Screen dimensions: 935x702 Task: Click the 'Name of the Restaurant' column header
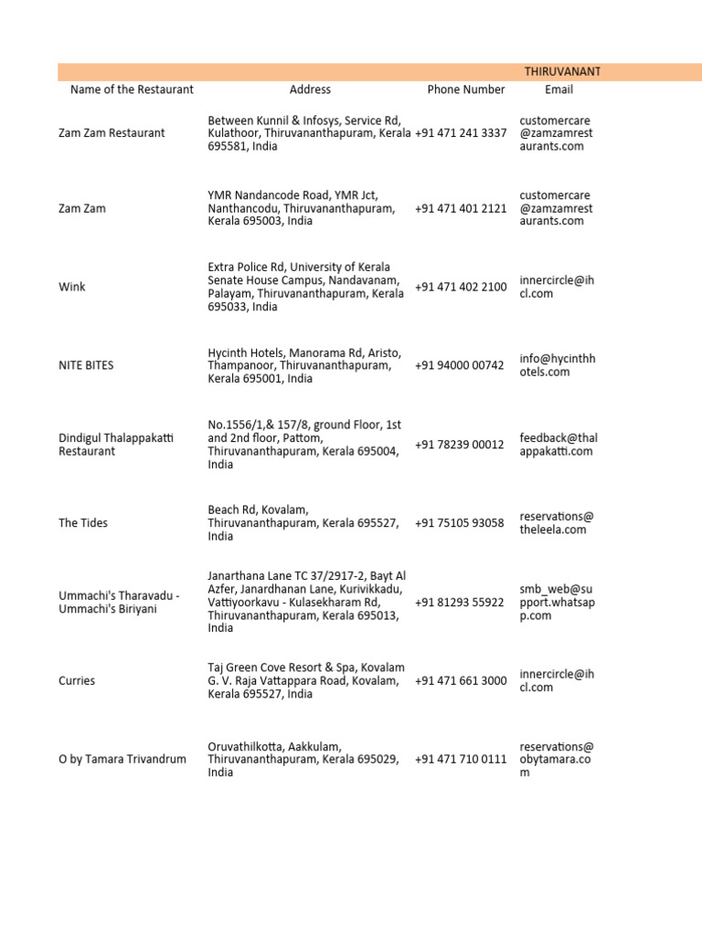132,89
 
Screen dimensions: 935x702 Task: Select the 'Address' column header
310,89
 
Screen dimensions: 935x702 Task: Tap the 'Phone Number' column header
465,89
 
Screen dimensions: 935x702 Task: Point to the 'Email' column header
558,89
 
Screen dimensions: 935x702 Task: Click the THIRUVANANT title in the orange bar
561,71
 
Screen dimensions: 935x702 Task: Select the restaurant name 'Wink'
72,287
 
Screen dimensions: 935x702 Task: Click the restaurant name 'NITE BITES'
89,365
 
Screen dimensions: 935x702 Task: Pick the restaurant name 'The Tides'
83,523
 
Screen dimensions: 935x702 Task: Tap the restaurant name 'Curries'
77,681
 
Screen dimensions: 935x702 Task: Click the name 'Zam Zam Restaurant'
112,133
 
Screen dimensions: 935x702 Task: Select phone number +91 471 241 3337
461,133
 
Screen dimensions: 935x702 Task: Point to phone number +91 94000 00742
459,365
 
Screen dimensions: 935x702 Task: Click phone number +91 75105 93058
459,523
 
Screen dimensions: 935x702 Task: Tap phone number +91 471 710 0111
461,760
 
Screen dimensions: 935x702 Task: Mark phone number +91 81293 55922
459,603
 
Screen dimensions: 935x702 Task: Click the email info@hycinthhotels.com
557,365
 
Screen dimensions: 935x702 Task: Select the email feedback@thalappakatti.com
558,445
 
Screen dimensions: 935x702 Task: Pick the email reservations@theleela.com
556,523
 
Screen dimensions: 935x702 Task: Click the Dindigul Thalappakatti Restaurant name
116,445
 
